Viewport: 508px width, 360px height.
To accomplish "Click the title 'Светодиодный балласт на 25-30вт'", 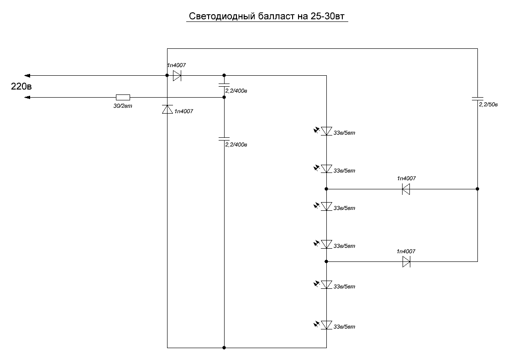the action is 267,16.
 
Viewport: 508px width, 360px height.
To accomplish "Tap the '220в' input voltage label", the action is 21,86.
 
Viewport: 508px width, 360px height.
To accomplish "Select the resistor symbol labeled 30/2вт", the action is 123,97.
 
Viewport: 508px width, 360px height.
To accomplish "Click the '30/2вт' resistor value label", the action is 123,106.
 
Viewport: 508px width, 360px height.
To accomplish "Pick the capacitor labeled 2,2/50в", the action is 477,99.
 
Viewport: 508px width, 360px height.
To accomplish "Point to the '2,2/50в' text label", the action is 488,104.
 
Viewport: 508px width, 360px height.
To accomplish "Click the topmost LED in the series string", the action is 326,131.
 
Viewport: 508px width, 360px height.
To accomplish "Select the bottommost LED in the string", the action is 326,325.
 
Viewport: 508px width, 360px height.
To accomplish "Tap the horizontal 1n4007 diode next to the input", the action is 177,75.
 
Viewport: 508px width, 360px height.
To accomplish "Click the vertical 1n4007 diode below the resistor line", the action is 167,110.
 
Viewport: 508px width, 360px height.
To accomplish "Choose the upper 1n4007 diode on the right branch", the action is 406,189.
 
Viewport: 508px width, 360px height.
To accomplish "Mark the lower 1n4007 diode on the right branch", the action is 406,261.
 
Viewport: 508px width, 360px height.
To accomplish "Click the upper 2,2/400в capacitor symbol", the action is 224,85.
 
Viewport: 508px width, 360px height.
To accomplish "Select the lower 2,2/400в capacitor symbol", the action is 224,139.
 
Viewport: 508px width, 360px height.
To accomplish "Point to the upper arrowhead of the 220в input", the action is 27,75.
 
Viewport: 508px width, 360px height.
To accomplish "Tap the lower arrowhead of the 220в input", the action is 27,97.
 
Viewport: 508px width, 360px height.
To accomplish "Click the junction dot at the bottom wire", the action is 224,348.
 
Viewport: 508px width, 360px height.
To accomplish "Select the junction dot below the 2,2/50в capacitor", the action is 477,189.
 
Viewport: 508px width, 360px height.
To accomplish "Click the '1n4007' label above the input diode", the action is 176,65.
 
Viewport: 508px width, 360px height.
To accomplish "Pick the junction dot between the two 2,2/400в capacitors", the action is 224,97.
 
